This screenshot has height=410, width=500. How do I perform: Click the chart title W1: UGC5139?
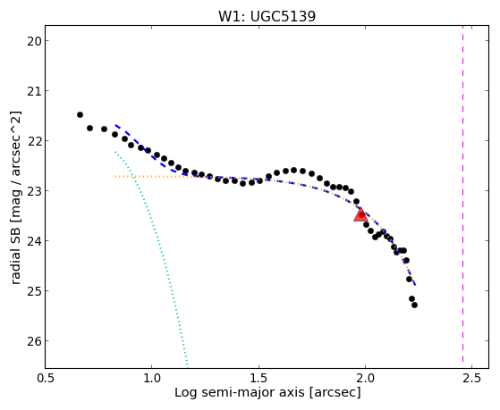click(x=267, y=16)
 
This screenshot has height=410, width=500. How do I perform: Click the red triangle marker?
click(x=361, y=215)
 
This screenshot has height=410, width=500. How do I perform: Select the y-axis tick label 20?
click(x=34, y=41)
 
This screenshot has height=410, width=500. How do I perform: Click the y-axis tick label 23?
click(x=34, y=191)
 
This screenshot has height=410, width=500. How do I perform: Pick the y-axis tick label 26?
click(x=34, y=341)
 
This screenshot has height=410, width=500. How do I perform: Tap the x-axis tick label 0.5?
click(x=46, y=378)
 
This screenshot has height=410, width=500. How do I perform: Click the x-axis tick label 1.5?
click(x=258, y=378)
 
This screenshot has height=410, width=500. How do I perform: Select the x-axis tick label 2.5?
click(x=472, y=378)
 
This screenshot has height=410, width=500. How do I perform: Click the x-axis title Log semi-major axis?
click(x=240, y=392)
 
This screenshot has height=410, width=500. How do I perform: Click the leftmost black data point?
click(x=80, y=114)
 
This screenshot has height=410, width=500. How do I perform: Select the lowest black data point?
click(x=414, y=305)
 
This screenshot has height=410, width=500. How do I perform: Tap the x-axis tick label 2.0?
click(x=366, y=378)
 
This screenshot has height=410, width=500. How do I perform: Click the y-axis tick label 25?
click(x=34, y=291)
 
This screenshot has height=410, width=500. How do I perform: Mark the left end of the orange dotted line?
click(x=115, y=176)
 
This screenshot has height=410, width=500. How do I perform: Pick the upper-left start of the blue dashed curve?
click(x=115, y=125)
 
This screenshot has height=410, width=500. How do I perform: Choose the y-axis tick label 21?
click(x=34, y=91)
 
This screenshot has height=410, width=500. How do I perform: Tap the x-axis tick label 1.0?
click(x=152, y=378)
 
